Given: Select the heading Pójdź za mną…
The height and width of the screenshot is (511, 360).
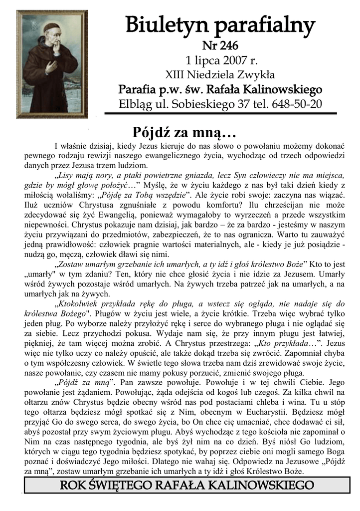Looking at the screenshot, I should pyautogui.click(x=183, y=133).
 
